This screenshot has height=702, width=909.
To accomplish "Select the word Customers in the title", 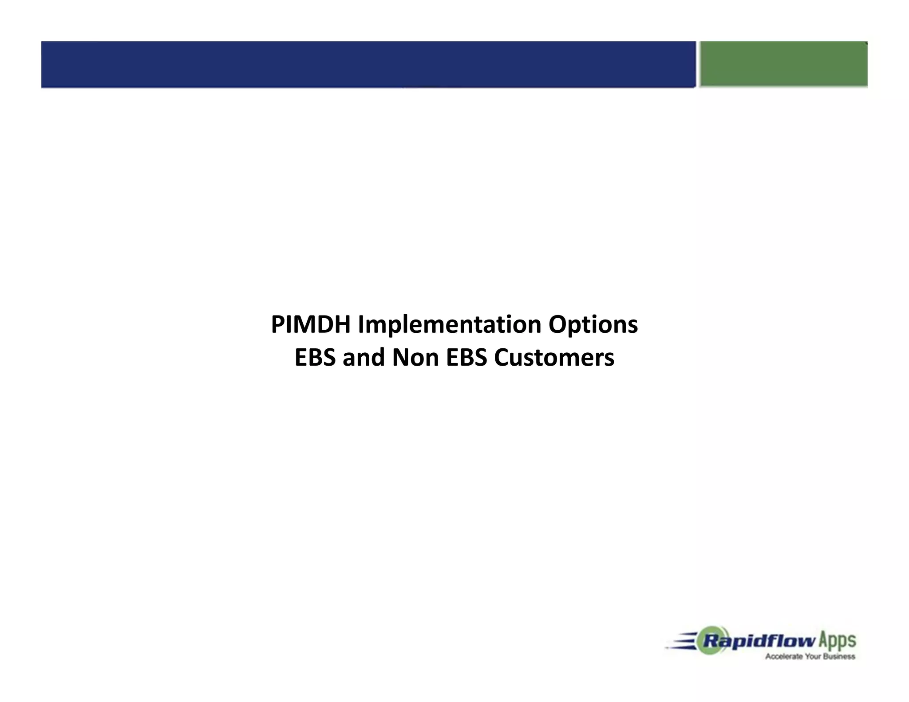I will coord(554,358).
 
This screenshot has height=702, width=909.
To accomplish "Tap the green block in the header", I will coord(783,64).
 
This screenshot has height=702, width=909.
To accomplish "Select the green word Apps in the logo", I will coord(837,641).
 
